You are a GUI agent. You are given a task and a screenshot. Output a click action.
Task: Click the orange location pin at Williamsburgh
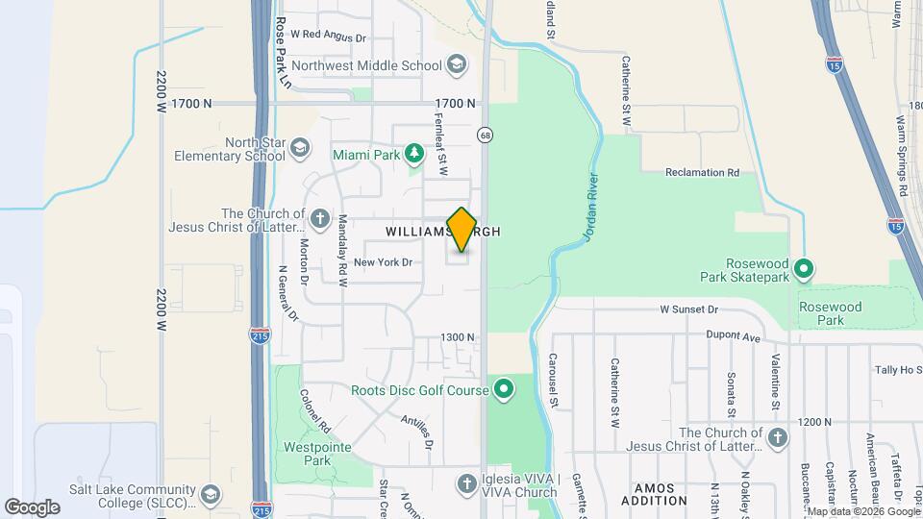click(462, 229)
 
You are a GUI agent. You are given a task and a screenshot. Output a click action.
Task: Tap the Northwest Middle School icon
click(457, 65)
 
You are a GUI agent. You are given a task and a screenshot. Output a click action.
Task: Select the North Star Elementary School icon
click(300, 148)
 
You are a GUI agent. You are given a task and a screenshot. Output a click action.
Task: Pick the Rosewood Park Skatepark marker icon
click(806, 267)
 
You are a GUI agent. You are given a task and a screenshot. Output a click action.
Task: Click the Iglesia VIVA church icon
click(467, 482)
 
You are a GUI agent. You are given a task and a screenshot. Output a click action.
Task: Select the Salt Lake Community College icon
click(211, 494)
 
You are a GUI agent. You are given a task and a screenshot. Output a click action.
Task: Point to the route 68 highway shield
click(486, 135)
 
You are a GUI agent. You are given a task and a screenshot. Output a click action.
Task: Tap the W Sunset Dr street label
click(688, 309)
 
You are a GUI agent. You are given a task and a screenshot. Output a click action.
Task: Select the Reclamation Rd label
click(702, 173)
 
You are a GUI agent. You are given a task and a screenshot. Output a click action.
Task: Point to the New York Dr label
click(383, 261)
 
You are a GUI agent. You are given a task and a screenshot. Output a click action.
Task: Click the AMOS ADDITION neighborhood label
click(654, 494)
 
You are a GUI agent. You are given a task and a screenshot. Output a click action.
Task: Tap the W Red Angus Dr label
click(329, 37)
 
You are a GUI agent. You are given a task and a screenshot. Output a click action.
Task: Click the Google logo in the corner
click(32, 507)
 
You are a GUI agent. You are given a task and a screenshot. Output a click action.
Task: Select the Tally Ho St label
click(899, 370)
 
